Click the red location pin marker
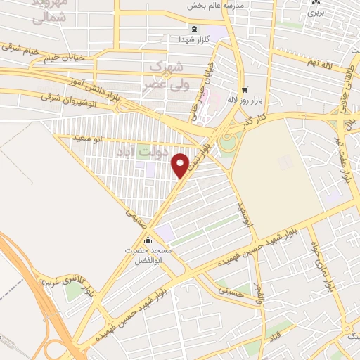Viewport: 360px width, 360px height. click(x=181, y=165)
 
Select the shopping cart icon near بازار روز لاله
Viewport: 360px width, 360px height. click(x=245, y=90)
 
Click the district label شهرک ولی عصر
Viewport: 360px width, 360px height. click(x=165, y=73)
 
